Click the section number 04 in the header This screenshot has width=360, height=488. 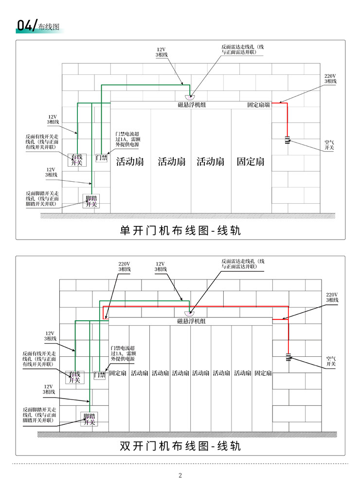coord(25,25)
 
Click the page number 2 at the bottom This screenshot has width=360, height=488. coord(180,475)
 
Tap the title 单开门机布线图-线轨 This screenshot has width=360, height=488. coord(180,230)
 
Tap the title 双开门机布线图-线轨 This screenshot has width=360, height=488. coord(180,446)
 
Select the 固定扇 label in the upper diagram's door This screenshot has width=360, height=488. coord(251,161)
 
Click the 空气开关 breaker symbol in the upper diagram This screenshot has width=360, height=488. coord(288,139)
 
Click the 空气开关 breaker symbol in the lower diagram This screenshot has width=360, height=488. coord(288,357)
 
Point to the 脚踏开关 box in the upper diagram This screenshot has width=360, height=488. coord(91,201)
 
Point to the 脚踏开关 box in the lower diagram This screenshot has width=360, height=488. coord(90,419)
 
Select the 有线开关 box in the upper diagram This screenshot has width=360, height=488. coord(77,159)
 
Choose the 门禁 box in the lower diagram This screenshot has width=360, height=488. coord(100,375)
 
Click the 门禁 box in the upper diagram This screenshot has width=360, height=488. coord(102,158)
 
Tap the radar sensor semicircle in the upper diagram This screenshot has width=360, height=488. coord(190,97)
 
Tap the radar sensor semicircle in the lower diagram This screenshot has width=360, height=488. coord(189,314)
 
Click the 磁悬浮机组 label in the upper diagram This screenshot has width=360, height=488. coord(192,105)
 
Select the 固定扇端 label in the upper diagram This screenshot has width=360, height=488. coord(258,105)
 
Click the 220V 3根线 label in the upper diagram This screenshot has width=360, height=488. coord(330,78)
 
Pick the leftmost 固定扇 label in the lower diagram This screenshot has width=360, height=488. coord(118,373)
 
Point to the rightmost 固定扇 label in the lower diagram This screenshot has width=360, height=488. coord(263,373)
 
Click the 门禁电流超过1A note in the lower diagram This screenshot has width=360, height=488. coord(123,353)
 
